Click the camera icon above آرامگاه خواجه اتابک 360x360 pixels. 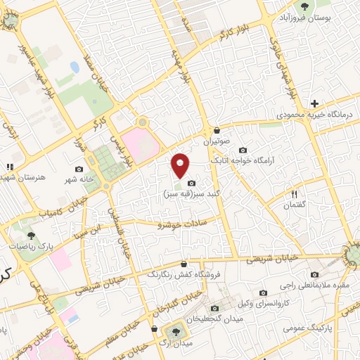(243, 150)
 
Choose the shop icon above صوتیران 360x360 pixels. (217, 130)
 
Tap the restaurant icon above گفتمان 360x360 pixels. (295, 193)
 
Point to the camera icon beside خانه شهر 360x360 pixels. (79, 169)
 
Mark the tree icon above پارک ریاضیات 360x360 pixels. (30, 236)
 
